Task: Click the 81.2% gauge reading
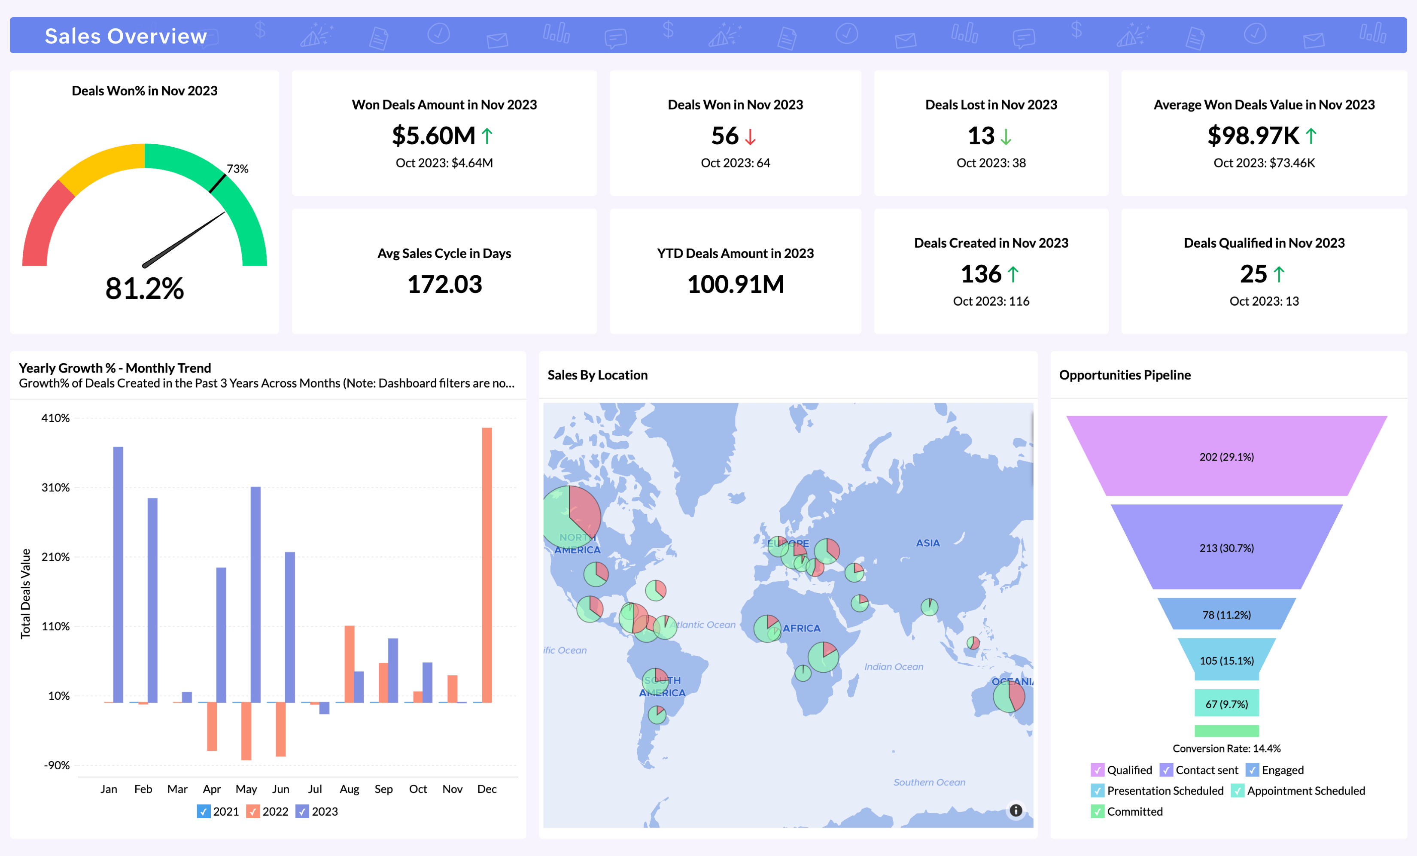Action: (x=144, y=288)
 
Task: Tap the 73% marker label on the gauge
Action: (x=237, y=168)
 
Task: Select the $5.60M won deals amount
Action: (x=434, y=136)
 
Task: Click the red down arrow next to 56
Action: (x=750, y=137)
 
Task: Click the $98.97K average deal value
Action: (x=1253, y=136)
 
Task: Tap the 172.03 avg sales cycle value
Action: (x=444, y=284)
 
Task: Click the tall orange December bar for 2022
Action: (x=487, y=563)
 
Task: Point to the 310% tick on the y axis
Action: (x=55, y=488)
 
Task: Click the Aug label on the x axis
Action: (x=349, y=789)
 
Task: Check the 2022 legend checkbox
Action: (x=252, y=811)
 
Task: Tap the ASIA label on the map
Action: (x=927, y=543)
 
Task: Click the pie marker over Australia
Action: (x=1009, y=696)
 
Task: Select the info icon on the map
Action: (x=1016, y=810)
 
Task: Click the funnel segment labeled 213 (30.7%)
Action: (x=1226, y=547)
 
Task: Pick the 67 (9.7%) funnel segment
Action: (x=1226, y=703)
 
